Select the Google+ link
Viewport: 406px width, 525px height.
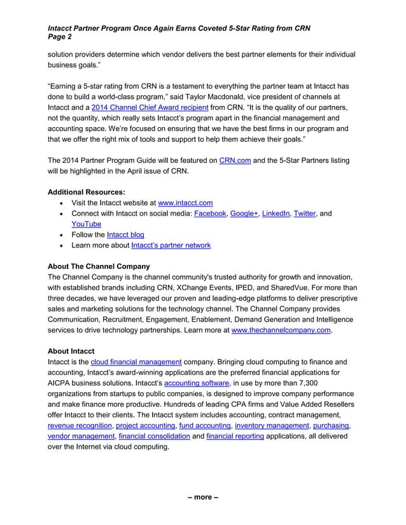[245, 214]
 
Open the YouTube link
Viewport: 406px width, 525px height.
[86, 224]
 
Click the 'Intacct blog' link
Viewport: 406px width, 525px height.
[125, 235]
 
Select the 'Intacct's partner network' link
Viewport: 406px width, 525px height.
[171, 245]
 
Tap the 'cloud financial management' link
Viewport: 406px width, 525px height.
[136, 362]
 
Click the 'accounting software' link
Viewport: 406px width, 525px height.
[197, 383]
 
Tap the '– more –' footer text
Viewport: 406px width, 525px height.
[202, 496]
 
